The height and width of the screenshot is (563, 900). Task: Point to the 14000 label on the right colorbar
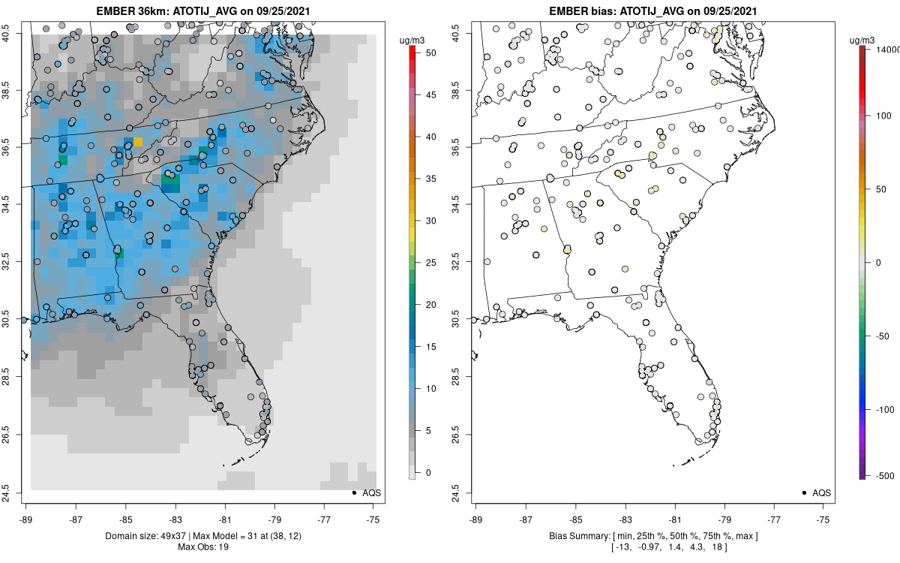click(886, 49)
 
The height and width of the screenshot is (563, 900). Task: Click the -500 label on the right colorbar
click(886, 475)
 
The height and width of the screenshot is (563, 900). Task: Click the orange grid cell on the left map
click(138, 142)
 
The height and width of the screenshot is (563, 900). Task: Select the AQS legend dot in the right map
click(804, 492)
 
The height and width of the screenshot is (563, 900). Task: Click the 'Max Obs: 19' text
click(203, 546)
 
